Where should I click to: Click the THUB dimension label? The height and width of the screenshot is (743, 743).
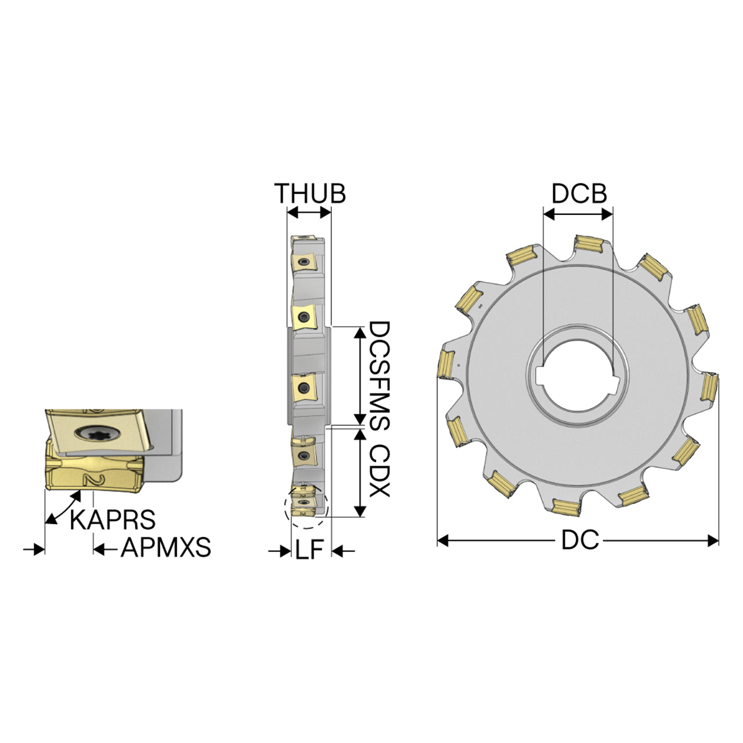[309, 193]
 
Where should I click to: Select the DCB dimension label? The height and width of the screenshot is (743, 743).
[579, 193]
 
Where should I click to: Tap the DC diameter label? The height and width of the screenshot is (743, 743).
[580, 540]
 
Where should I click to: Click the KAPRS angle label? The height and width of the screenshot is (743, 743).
[113, 520]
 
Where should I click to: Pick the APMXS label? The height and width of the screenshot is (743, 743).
[166, 547]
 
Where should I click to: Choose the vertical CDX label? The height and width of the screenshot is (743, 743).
[380, 471]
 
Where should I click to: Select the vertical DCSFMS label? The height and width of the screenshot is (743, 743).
[380, 376]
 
